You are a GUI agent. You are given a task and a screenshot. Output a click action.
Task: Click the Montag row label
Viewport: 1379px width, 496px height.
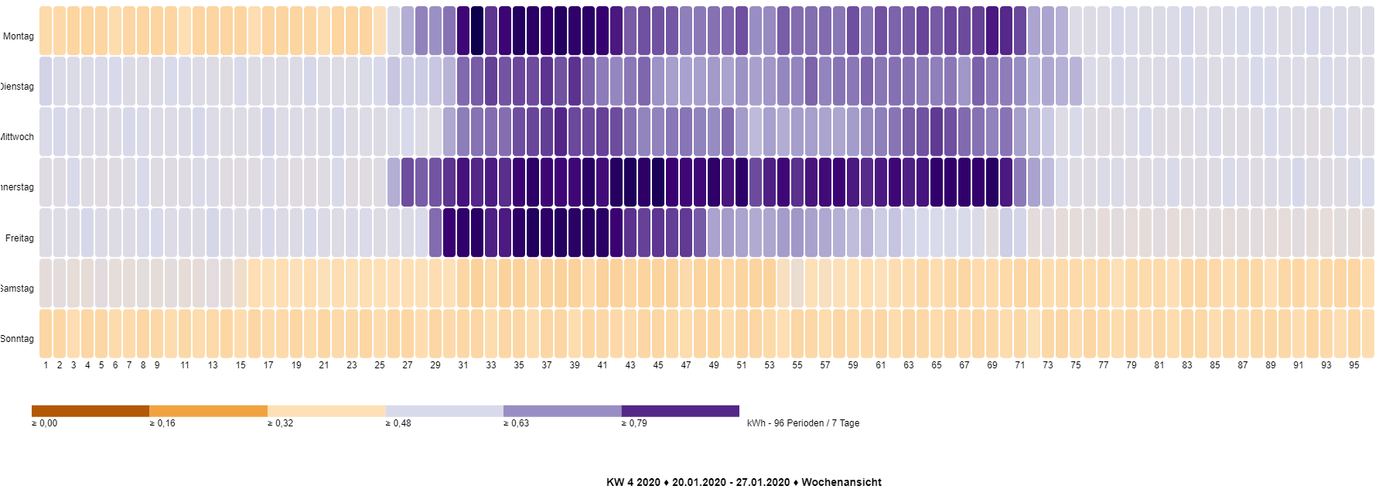[x=19, y=36]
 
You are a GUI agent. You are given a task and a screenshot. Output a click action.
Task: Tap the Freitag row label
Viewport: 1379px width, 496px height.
[x=19, y=238]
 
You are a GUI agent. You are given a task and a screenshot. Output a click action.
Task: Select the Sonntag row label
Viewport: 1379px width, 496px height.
[x=17, y=339]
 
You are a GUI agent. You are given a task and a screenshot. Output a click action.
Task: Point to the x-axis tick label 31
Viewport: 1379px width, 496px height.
[x=463, y=365]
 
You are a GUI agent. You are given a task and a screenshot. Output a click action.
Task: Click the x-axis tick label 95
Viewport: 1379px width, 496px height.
[x=1354, y=365]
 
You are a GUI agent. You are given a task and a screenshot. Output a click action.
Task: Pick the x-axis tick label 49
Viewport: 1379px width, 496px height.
[x=714, y=365]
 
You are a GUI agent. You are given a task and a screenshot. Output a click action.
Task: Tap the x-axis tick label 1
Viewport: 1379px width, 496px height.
[x=46, y=365]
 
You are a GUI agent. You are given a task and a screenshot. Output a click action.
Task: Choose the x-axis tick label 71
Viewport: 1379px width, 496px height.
[x=1020, y=365]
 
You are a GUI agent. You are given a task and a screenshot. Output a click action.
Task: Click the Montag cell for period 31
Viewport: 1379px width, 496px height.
[x=463, y=31]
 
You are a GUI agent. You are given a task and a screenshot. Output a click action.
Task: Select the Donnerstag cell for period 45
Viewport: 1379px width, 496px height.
[x=658, y=182]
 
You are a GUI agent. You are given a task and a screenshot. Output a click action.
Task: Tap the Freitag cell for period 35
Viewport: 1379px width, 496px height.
[x=519, y=232]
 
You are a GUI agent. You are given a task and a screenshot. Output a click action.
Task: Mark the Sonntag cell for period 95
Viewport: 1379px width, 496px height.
[x=1354, y=334]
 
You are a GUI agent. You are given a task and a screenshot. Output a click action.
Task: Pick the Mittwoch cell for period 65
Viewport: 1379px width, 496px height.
[x=937, y=132]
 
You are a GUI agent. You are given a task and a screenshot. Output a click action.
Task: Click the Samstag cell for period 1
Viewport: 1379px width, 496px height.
[x=46, y=283]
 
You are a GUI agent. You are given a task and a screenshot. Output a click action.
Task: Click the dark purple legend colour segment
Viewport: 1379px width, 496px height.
[x=680, y=411]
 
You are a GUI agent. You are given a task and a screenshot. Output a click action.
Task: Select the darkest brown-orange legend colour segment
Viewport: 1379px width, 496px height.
[x=90, y=411]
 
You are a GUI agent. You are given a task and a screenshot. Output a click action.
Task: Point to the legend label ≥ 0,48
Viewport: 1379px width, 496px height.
[x=398, y=423]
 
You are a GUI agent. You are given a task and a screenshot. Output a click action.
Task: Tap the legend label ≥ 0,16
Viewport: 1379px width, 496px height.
[x=162, y=423]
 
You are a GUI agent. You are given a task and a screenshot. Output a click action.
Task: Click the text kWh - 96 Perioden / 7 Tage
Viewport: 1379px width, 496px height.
[x=803, y=423]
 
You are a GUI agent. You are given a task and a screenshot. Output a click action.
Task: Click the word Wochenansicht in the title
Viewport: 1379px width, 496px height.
[x=841, y=482]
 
